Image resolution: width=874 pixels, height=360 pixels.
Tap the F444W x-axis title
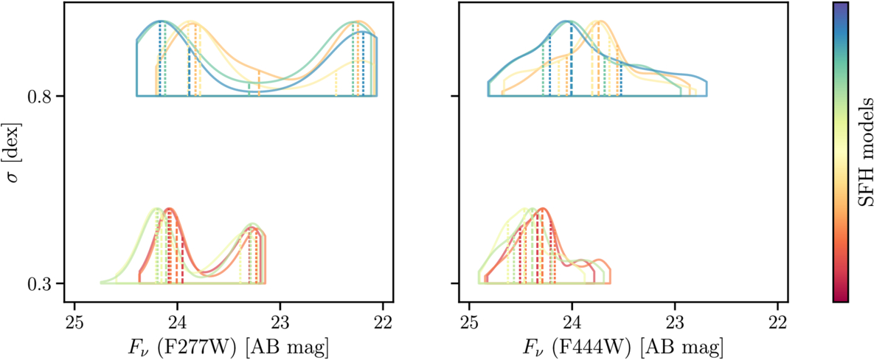tap(623, 345)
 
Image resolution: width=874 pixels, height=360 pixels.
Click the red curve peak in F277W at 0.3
tap(170, 210)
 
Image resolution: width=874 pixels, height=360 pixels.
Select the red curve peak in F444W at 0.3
tap(543, 209)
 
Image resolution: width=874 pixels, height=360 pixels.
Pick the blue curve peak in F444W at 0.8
tap(566, 21)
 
